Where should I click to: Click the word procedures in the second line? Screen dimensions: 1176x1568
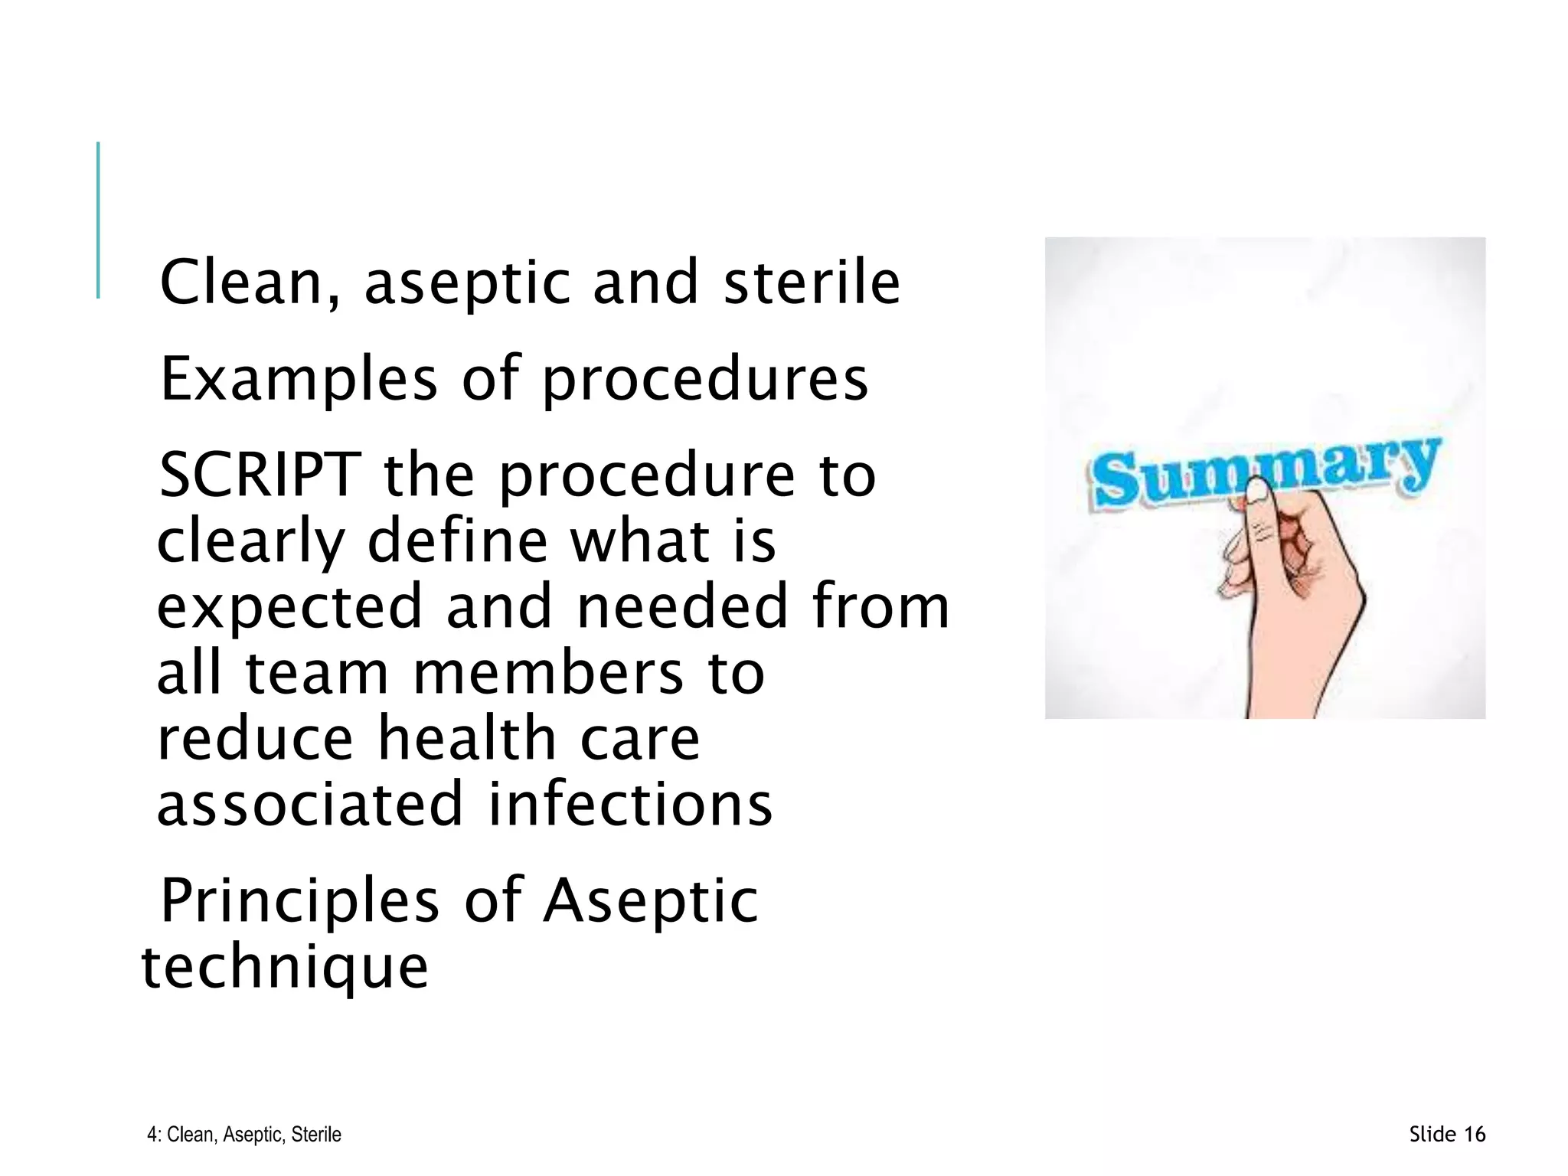coord(705,381)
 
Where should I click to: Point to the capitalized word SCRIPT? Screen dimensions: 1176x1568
coord(260,475)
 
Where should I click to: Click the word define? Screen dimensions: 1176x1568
coord(457,541)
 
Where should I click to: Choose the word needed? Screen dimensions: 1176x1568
coord(682,606)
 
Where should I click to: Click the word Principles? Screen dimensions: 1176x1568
coord(299,902)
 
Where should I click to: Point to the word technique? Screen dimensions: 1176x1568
coord(285,968)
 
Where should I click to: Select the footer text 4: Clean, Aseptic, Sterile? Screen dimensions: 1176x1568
coord(244,1135)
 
